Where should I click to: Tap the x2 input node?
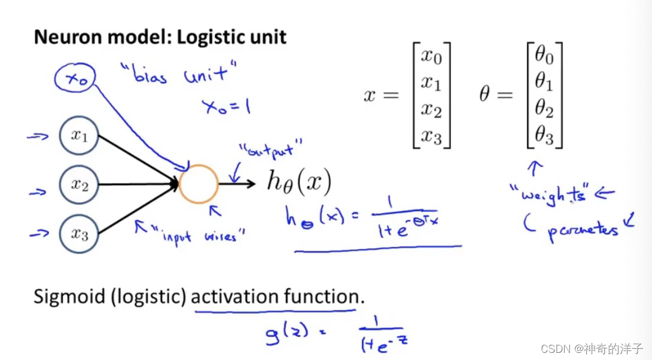click(x=78, y=185)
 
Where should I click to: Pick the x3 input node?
click(x=78, y=234)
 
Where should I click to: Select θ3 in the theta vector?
click(x=544, y=137)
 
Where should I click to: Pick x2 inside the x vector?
click(x=431, y=110)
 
